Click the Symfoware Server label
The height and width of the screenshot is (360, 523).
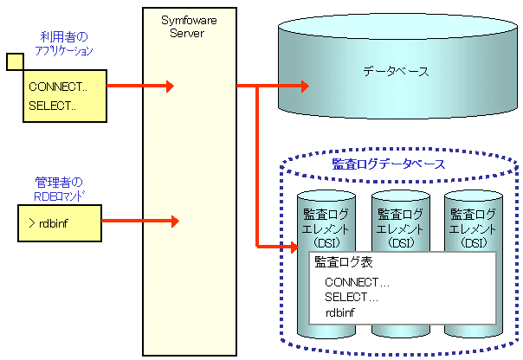(182, 25)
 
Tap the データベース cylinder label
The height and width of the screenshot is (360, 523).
(396, 72)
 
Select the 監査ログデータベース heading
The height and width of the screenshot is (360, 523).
(389, 164)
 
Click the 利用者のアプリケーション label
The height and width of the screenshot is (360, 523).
(65, 44)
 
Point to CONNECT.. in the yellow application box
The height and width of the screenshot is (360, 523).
(57, 87)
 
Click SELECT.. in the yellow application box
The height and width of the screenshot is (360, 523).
(52, 106)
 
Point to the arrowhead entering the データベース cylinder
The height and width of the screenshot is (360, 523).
(302, 87)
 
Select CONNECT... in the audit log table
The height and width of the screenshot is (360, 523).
(357, 282)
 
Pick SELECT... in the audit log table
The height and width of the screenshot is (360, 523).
(352, 297)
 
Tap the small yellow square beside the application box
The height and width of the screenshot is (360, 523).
(14, 61)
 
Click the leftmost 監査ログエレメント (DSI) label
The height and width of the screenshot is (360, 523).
(326, 228)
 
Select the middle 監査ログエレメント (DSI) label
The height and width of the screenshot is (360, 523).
(399, 228)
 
